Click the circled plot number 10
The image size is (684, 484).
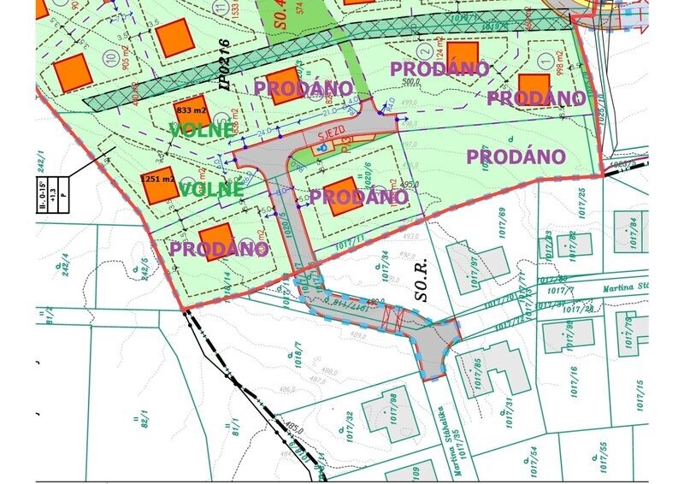click(x=109, y=58)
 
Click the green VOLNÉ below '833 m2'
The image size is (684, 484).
click(x=200, y=130)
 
